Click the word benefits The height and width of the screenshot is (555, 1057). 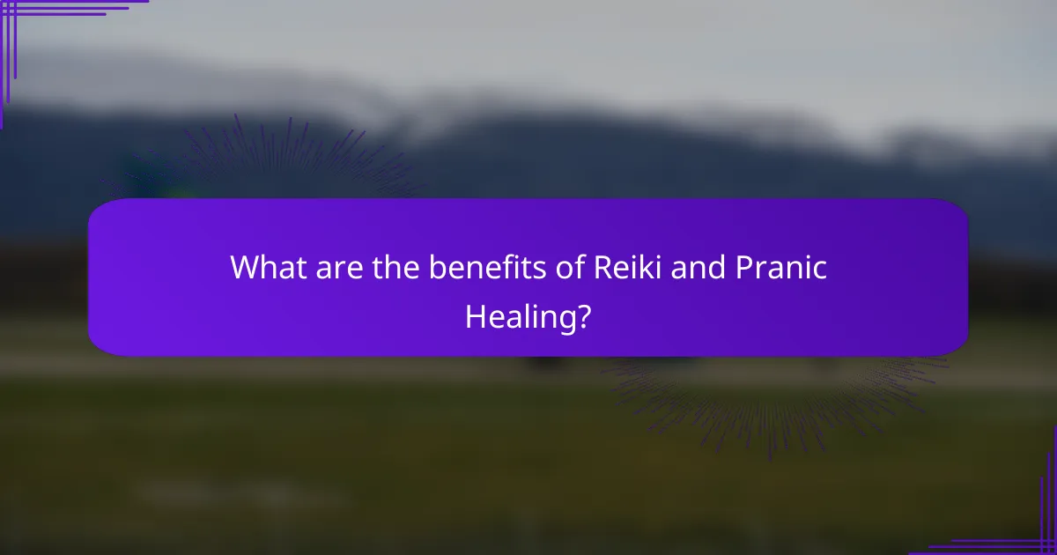tap(478, 268)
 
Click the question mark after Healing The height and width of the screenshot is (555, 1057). tap(584, 315)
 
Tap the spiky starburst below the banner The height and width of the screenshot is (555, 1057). tap(775, 396)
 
